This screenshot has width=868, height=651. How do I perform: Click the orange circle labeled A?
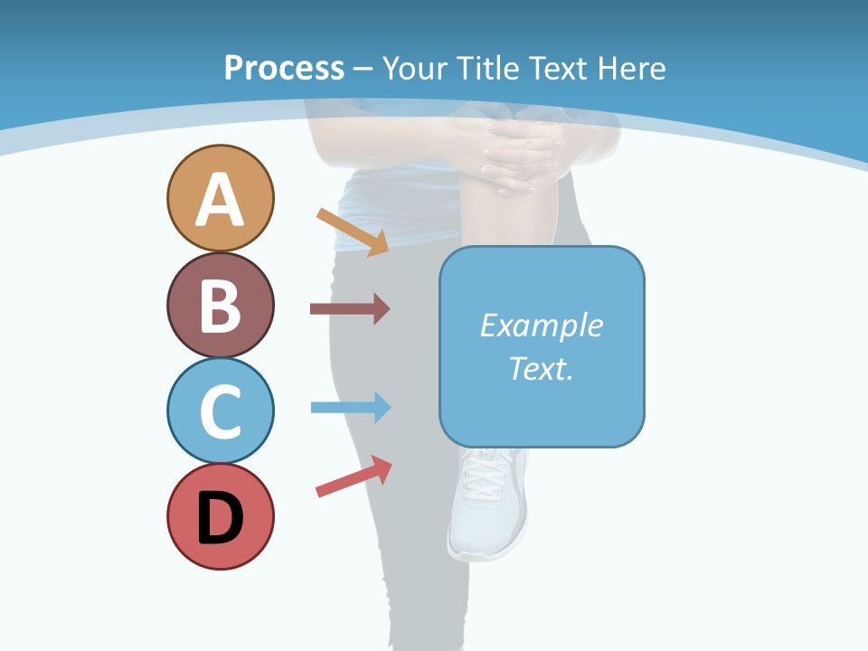coord(220,198)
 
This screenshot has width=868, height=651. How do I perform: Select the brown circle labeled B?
coord(220,305)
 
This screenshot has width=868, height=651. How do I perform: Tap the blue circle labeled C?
coord(220,410)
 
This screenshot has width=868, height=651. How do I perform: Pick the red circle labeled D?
coord(220,516)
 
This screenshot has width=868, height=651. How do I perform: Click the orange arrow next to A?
coord(353,231)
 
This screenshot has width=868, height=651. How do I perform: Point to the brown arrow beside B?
coord(350,309)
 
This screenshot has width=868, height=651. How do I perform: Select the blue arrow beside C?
coord(350,408)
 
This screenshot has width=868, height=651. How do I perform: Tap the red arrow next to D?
coord(354,476)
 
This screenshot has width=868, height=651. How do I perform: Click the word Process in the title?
coord(284,68)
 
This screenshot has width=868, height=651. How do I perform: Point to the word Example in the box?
coord(541,325)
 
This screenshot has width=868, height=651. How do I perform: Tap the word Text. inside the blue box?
coord(541,368)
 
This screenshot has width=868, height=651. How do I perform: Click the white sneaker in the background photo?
coord(488,506)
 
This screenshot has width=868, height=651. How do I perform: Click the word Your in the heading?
coord(415,68)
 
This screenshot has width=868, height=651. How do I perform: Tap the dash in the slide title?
coord(363,69)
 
